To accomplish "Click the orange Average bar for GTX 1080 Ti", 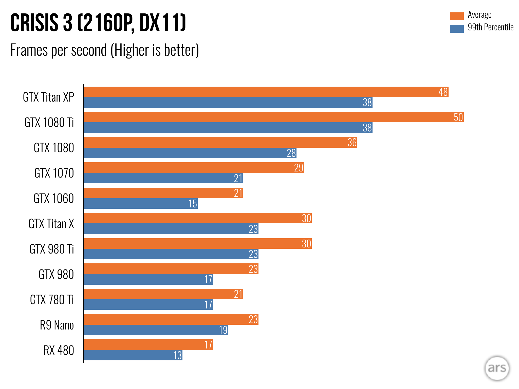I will [x=274, y=117].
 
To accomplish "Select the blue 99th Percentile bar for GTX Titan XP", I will [x=228, y=102].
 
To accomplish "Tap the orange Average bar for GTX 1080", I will [x=220, y=142].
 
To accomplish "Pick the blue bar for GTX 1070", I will [x=163, y=178].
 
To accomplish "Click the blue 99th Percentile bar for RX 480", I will [x=133, y=355].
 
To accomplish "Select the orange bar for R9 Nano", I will [x=171, y=319].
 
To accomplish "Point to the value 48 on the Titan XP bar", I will [x=443, y=92].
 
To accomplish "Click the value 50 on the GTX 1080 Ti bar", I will [x=458, y=117].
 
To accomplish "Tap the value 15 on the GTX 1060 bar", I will [x=193, y=204].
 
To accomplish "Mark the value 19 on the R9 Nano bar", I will [x=223, y=330].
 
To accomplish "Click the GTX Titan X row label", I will [x=51, y=224].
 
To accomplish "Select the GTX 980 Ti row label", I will [x=52, y=249].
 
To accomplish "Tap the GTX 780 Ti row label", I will [x=52, y=300].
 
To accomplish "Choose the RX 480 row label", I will [x=59, y=350].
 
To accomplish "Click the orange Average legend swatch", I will [x=457, y=16].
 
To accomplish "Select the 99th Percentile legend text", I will [x=491, y=27].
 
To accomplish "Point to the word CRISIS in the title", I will [x=34, y=23].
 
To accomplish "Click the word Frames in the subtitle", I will [x=29, y=50].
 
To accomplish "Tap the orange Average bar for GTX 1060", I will [x=163, y=193].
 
